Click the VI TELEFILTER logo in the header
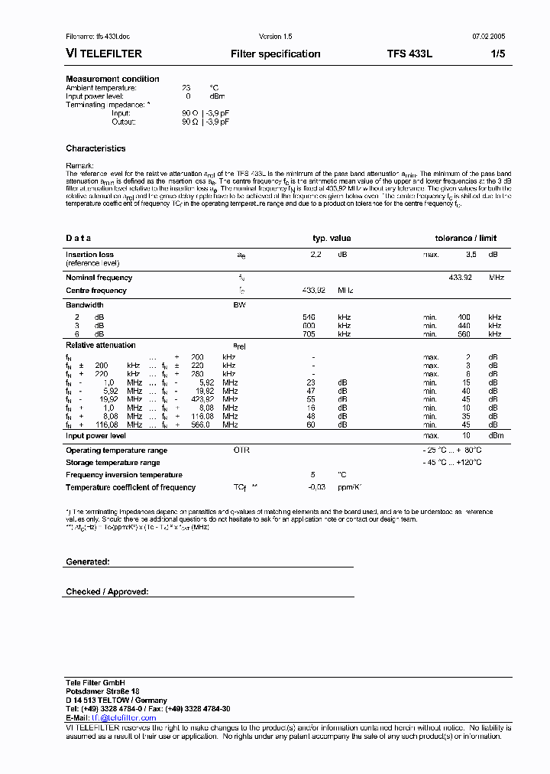point(104,54)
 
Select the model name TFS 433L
point(409,54)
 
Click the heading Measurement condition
point(112,79)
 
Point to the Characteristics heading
point(95,148)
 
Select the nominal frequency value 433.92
point(460,278)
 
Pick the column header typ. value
point(332,239)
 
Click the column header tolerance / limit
point(465,239)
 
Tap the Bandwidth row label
point(84,304)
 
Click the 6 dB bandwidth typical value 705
point(309,334)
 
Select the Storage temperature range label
point(113,463)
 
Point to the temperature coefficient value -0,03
point(316,487)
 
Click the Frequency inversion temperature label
point(124,475)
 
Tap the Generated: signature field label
point(87,561)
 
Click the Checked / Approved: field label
point(107,592)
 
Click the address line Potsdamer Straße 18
point(102,691)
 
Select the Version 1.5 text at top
point(276,37)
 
